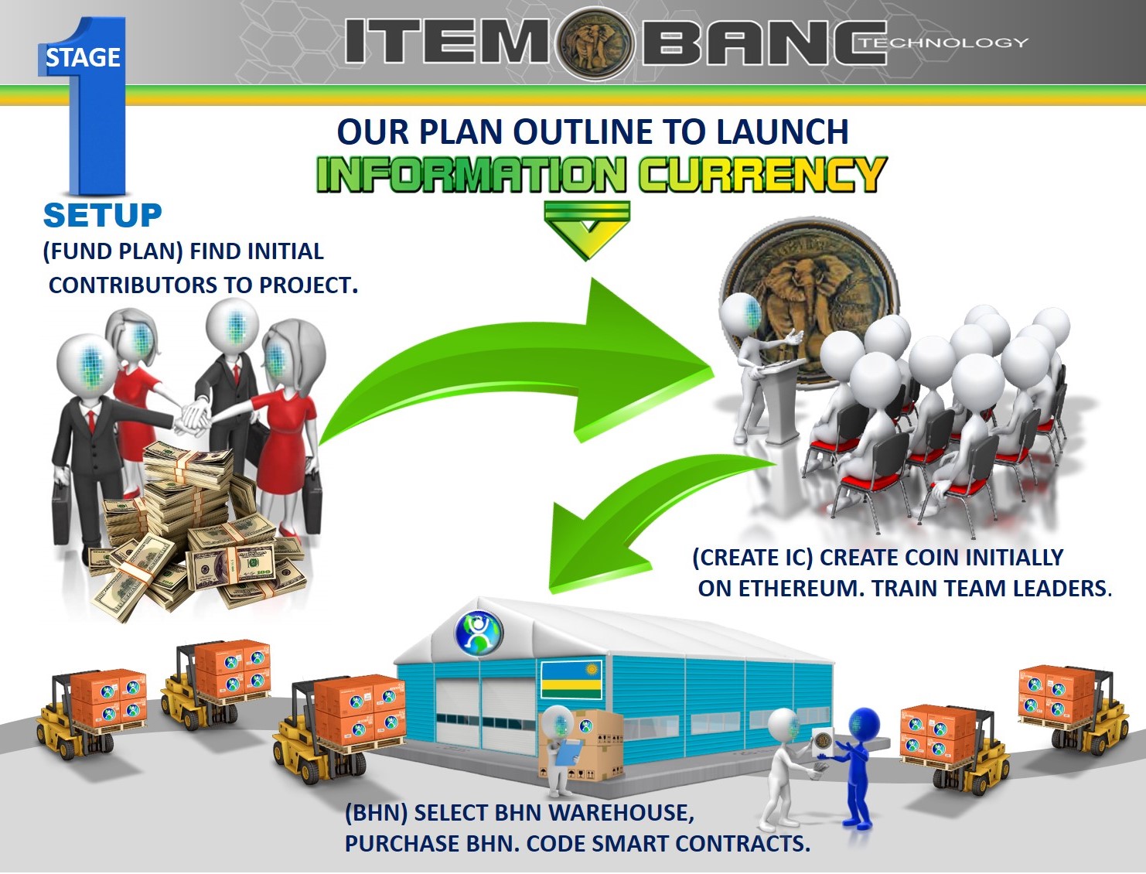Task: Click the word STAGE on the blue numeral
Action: pos(83,57)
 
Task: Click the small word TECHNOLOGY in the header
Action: pos(944,43)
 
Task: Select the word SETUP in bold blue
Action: pos(102,216)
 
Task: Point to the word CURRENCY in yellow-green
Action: pos(762,173)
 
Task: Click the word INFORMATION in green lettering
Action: pos(472,173)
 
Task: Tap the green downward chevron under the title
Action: pos(587,230)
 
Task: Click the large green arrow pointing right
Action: pos(522,360)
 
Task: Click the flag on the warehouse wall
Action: pos(571,679)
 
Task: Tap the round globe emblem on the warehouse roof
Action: pos(479,633)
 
